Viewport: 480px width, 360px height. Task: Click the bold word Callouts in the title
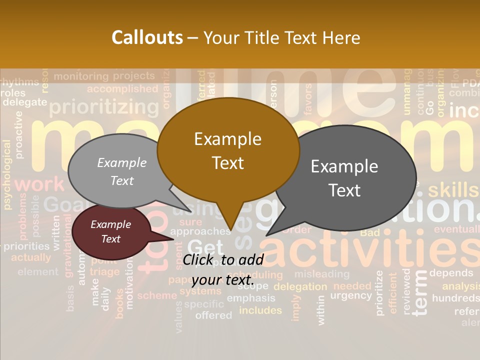pyautogui.click(x=147, y=37)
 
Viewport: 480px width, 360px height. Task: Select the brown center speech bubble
pyautogui.click(x=228, y=150)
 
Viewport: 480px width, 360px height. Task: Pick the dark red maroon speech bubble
pyautogui.click(x=110, y=231)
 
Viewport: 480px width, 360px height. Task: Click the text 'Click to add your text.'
pyautogui.click(x=223, y=269)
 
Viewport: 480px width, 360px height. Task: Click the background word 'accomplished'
pyautogui.click(x=122, y=89)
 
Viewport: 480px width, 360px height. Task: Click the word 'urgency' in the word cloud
pyautogui.click(x=351, y=295)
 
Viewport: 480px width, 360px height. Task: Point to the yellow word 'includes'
pyautogui.click(x=260, y=310)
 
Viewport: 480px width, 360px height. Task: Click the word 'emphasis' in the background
pyautogui.click(x=251, y=298)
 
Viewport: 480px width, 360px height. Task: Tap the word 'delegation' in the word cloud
pyautogui.click(x=300, y=286)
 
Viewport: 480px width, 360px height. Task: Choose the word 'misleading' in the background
pyautogui.click(x=321, y=274)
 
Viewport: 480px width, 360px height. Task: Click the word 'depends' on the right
pyautogui.click(x=451, y=273)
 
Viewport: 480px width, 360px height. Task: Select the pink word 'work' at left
pyautogui.click(x=40, y=184)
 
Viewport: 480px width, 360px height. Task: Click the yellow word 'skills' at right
pyautogui.click(x=452, y=190)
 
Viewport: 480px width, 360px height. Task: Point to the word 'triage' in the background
pyautogui.click(x=105, y=271)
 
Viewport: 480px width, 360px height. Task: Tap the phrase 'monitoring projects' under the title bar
pyautogui.click(x=104, y=76)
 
